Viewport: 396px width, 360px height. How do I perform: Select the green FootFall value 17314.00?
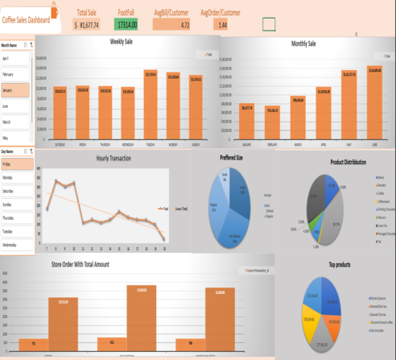[x=126, y=26]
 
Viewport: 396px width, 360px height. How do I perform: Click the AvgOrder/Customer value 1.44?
[x=222, y=26]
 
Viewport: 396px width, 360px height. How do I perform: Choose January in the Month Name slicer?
[x=15, y=90]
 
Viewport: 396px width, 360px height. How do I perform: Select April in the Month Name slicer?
[x=15, y=58]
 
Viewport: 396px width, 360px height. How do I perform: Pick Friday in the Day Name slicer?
[x=15, y=163]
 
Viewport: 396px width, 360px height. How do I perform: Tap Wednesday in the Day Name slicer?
[x=15, y=244]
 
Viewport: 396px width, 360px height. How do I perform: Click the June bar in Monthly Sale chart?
[x=374, y=100]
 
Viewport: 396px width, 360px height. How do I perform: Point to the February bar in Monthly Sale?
[x=272, y=121]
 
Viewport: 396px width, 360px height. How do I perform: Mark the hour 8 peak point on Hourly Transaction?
[x=56, y=181]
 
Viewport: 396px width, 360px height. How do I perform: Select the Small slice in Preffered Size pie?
[x=226, y=178]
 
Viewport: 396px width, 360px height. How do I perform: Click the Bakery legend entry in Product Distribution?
[x=379, y=176]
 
